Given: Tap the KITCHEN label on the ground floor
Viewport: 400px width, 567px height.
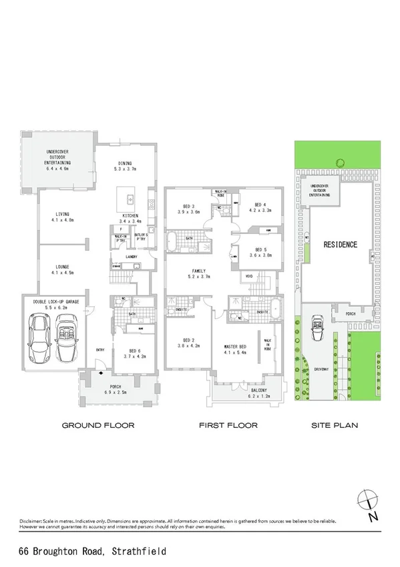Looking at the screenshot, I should tap(129, 216).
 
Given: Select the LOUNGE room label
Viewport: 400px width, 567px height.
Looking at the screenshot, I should tap(63, 268).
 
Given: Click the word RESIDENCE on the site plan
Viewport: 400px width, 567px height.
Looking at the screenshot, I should tap(340, 245).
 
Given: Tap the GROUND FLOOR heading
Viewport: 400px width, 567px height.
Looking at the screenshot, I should tap(98, 425).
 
